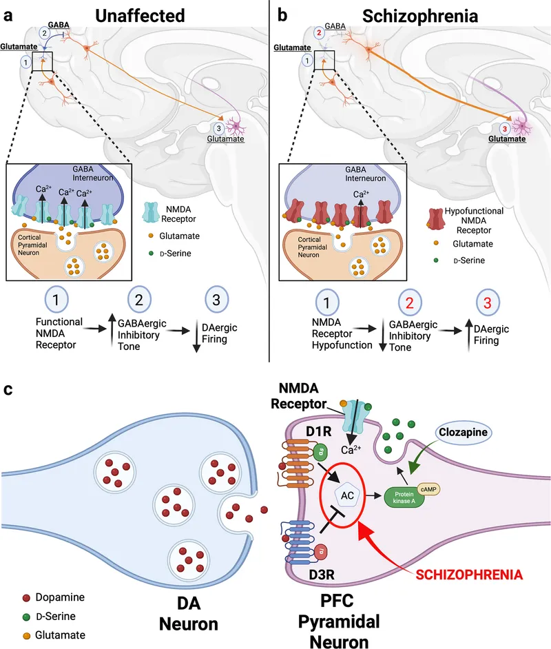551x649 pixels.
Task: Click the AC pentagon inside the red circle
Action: tap(347, 494)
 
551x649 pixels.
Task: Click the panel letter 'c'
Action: tap(9, 389)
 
